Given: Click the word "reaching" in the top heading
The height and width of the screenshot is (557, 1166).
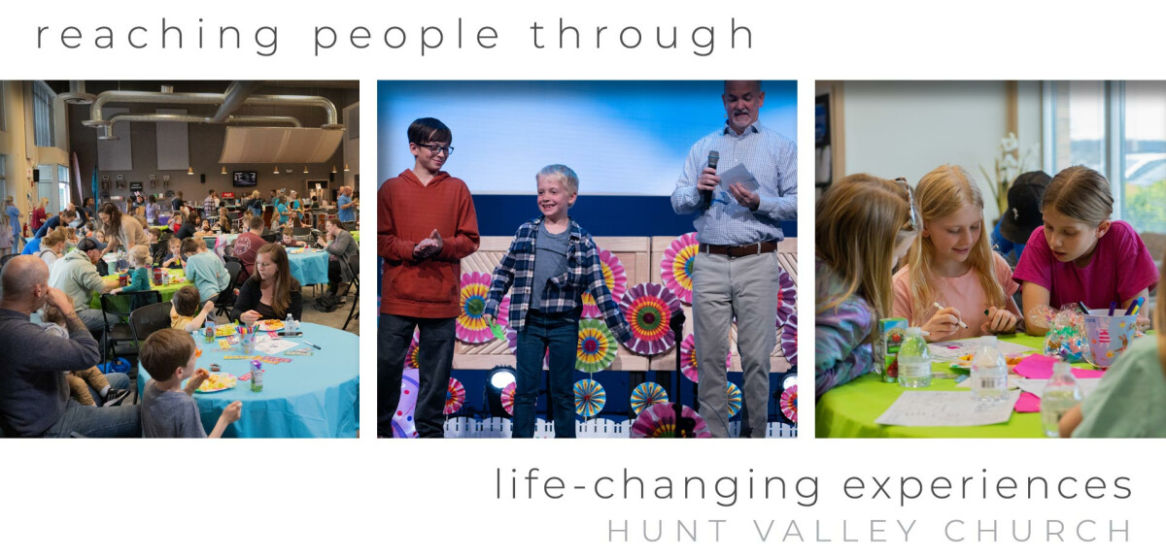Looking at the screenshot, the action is click(x=157, y=35).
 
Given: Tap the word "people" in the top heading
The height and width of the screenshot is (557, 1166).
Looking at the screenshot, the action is click(x=406, y=37).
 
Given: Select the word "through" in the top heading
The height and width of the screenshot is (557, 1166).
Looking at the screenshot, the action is click(x=642, y=35).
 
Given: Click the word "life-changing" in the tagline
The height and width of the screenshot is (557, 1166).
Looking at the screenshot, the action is click(x=657, y=486).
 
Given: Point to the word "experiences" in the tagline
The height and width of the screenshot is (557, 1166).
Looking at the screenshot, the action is click(x=987, y=488).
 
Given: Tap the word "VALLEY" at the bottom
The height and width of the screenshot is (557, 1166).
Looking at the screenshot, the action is click(x=836, y=531).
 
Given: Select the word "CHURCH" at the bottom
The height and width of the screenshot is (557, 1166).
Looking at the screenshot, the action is click(x=1038, y=531).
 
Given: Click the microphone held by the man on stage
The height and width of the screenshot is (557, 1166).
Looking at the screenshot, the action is click(x=710, y=176).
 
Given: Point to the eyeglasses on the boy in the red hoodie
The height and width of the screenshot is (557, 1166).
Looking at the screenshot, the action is click(x=435, y=148).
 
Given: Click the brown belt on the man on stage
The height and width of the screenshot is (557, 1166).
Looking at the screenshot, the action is click(x=737, y=248).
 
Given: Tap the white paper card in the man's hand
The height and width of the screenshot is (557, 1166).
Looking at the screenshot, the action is click(x=739, y=179).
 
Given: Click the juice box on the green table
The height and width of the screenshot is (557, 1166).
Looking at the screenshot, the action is click(x=892, y=349).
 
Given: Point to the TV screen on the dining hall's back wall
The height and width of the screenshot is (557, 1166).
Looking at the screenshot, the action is click(x=245, y=179).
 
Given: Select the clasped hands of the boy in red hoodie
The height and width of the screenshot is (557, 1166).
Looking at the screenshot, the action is click(x=428, y=244).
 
